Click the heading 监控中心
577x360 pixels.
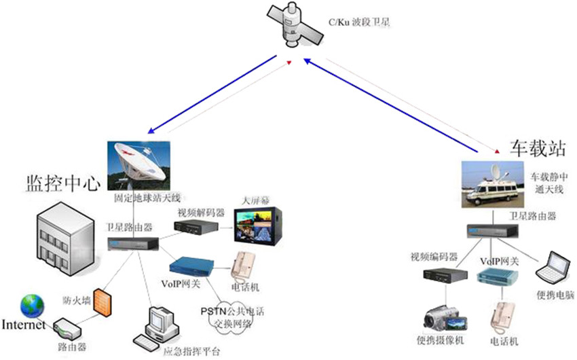pos(63,183)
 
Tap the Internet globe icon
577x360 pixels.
pos(30,307)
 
